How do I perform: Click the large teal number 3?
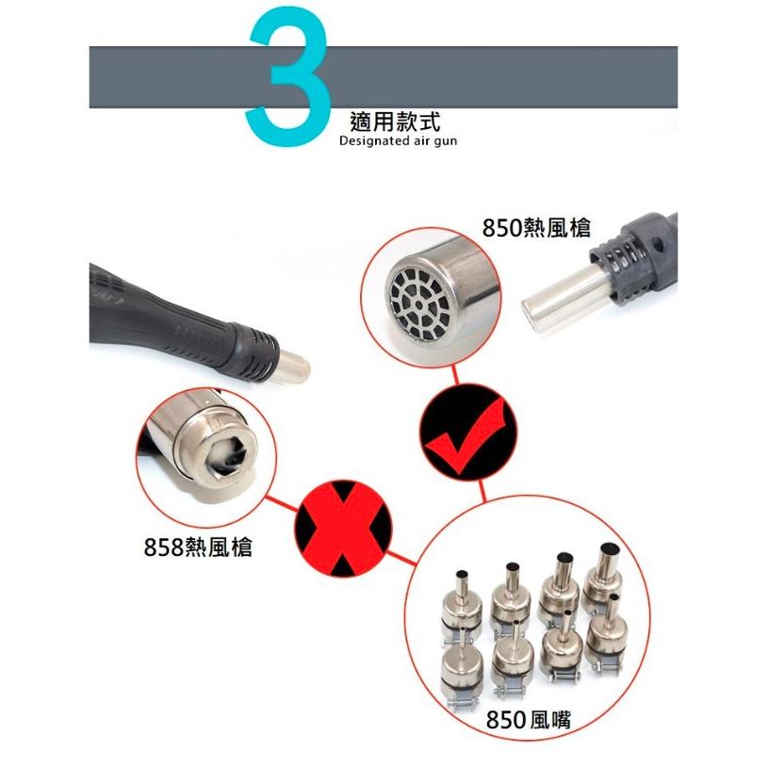pyautogui.click(x=287, y=80)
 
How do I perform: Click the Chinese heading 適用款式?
pyautogui.click(x=393, y=122)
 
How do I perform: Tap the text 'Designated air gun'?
pyautogui.click(x=397, y=141)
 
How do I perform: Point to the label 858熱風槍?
pyautogui.click(x=198, y=547)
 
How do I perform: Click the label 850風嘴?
pyautogui.click(x=529, y=721)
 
